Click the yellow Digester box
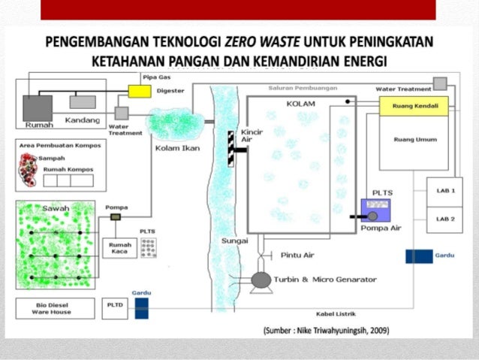(139, 92)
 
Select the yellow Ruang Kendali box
(414, 106)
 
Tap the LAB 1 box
(445, 191)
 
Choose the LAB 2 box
(445, 219)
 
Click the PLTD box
(113, 307)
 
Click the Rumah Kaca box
(120, 248)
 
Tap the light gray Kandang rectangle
(83, 101)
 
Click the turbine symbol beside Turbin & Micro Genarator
(261, 280)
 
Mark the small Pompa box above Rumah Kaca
(115, 217)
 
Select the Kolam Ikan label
(172, 147)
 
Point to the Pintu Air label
(297, 255)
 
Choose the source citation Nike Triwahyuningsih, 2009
(326, 330)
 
